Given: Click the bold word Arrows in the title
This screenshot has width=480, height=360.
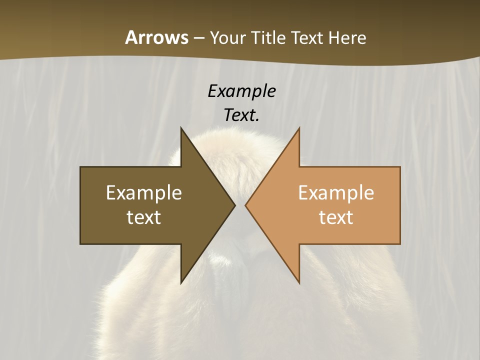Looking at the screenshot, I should tap(156, 37).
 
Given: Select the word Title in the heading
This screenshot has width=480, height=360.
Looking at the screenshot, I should tap(268, 38).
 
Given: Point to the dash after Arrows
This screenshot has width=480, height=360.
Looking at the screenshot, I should tap(198, 38).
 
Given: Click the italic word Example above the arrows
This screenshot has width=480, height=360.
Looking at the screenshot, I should tap(241, 91).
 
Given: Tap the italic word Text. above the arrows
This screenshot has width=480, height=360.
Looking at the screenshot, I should tap(241, 115).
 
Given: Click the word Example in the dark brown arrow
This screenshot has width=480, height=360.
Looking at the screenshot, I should tap(143, 193).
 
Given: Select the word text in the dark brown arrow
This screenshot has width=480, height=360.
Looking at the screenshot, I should tap(143, 217).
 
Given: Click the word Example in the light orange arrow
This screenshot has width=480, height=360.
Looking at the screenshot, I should tap(336, 193).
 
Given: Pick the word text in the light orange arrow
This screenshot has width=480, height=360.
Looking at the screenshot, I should tap(336, 217).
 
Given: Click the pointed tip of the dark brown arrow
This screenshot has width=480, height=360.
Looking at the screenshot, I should tap(234, 205).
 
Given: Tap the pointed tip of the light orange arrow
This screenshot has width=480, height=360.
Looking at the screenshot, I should tap(245, 205).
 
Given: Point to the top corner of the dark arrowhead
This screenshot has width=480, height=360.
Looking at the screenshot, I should tap(181, 128).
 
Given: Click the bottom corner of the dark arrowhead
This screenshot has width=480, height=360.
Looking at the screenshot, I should tap(181, 283).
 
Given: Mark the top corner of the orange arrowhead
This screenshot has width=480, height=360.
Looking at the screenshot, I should tap(299, 128).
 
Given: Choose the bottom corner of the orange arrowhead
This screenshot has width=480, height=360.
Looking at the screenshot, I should tap(299, 283).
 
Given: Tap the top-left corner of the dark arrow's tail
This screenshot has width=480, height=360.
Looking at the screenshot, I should tap(80, 167).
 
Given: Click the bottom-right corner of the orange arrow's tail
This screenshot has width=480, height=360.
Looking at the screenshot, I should tap(400, 243).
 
